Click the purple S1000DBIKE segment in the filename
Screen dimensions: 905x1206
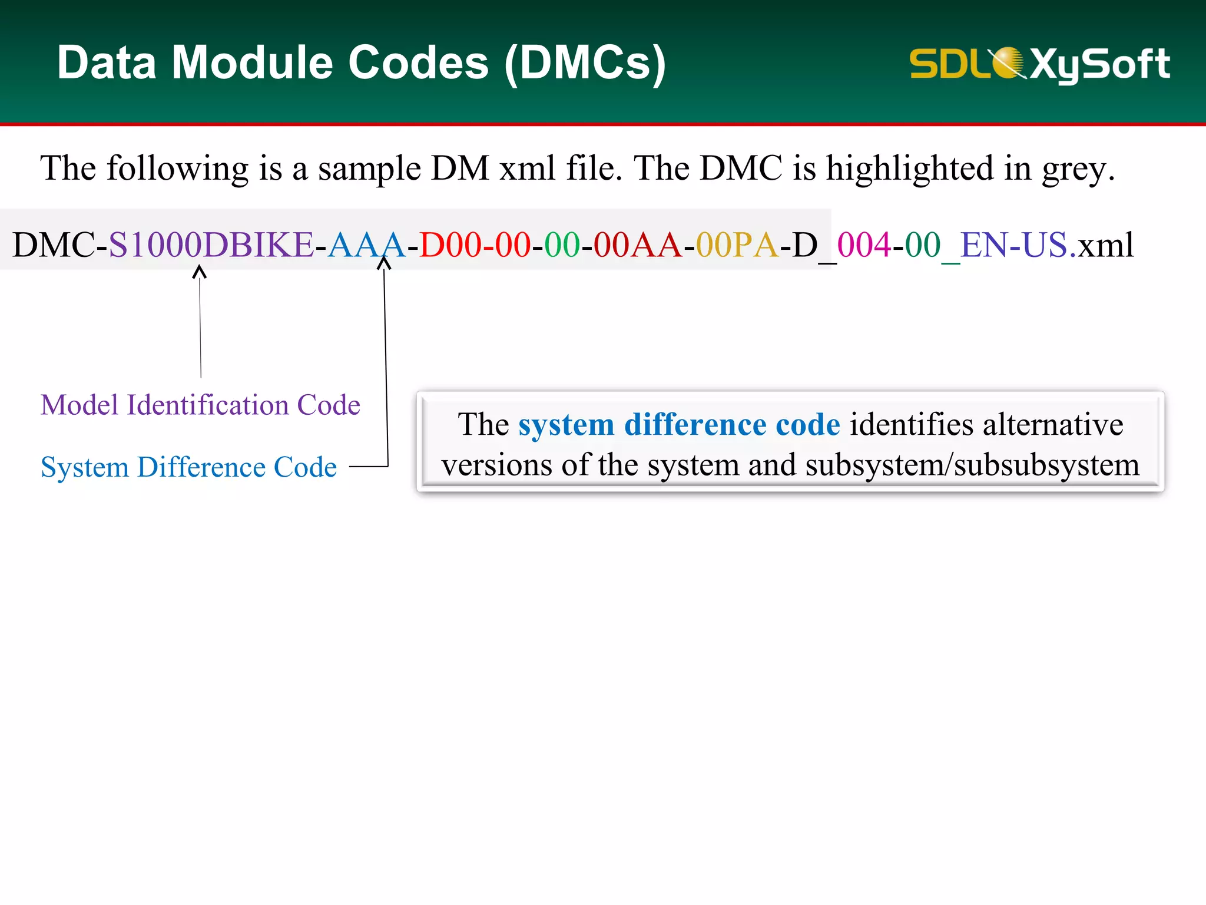pyautogui.click(x=211, y=245)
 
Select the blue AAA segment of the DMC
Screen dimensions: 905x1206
pyautogui.click(x=366, y=245)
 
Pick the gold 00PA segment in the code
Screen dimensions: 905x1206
pyautogui.click(x=737, y=245)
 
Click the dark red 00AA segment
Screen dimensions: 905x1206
pyautogui.click(x=637, y=245)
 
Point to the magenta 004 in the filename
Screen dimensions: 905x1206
pyautogui.click(x=864, y=245)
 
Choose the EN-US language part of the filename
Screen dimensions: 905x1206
pyautogui.click(x=1014, y=245)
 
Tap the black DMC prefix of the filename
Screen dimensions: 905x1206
pyautogui.click(x=53, y=245)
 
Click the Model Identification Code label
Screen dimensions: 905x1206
pyautogui.click(x=200, y=405)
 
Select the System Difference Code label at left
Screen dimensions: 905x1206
pyautogui.click(x=188, y=467)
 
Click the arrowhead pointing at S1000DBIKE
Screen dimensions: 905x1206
pyautogui.click(x=200, y=272)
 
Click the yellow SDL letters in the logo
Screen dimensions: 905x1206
pyautogui.click(x=948, y=64)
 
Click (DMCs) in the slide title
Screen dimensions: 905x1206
pyautogui.click(x=585, y=64)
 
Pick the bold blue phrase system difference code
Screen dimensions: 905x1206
pyautogui.click(x=679, y=425)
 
